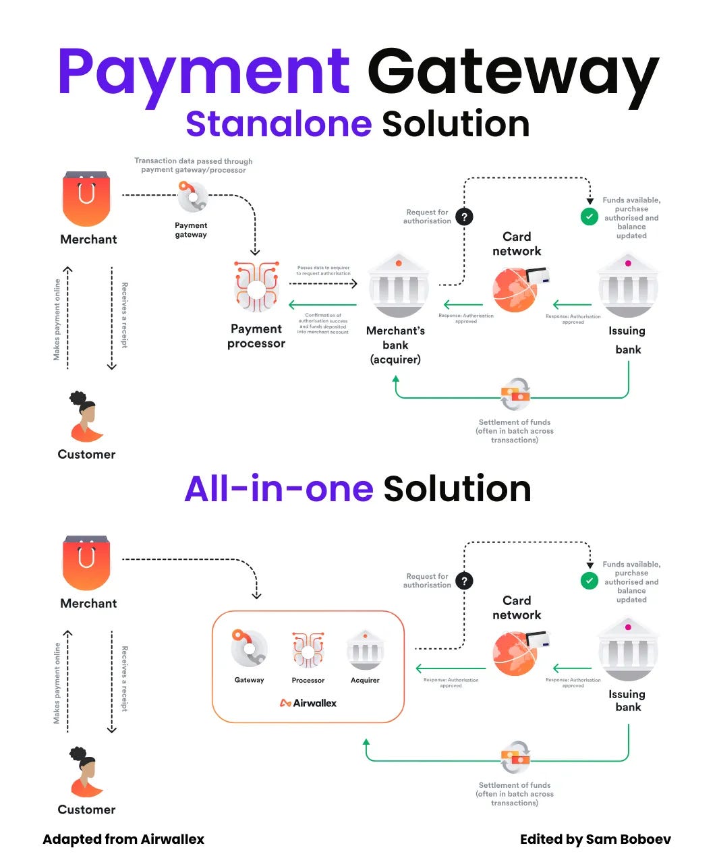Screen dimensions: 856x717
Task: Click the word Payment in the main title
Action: (203, 72)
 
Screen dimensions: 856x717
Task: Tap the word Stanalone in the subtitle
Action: (279, 124)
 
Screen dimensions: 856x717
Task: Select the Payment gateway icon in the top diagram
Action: (192, 197)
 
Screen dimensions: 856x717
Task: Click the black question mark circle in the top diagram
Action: (464, 217)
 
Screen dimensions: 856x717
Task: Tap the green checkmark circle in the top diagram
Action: (590, 217)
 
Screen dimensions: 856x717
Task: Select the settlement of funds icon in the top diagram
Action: (515, 395)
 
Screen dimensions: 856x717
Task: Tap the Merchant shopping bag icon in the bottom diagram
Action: (86, 563)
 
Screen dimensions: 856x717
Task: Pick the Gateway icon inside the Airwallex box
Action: (249, 649)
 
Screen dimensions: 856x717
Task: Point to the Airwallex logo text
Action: (308, 703)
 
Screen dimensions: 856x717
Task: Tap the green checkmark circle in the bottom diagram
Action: (590, 580)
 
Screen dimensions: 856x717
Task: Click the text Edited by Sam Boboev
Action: (595, 839)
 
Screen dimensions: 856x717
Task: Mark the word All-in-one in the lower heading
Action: (279, 488)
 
